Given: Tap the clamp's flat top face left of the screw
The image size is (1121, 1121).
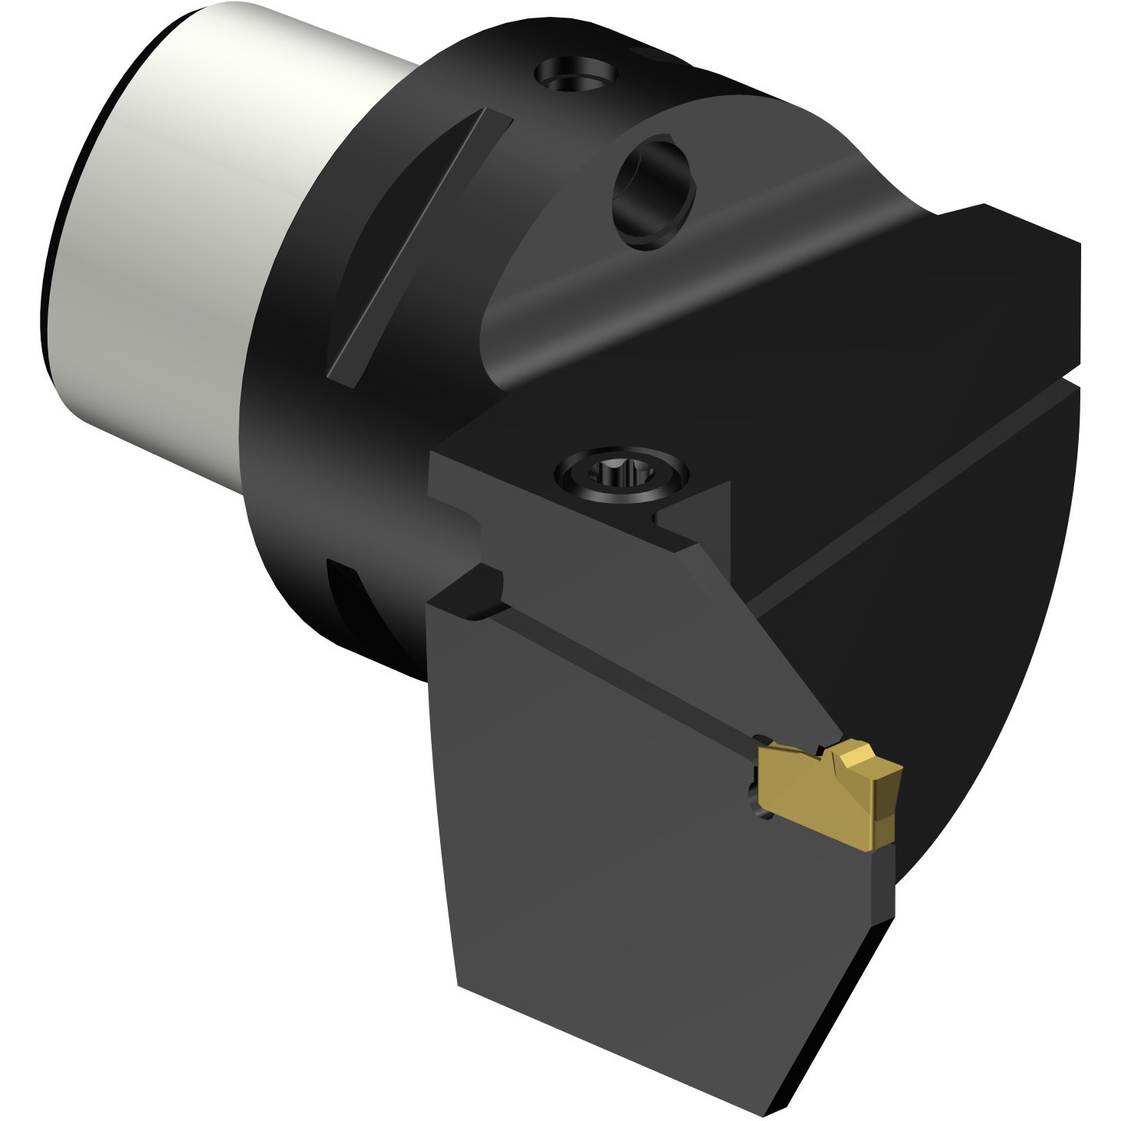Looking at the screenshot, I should (498, 483).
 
